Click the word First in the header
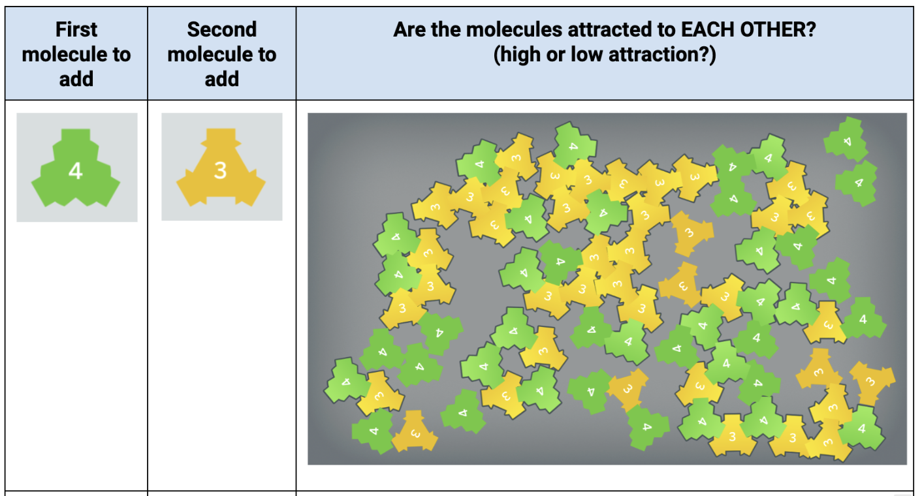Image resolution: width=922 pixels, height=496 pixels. [76, 29]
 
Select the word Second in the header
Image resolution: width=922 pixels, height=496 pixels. [222, 29]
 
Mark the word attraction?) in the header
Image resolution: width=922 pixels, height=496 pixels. [662, 55]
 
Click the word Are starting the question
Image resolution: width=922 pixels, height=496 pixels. [408, 29]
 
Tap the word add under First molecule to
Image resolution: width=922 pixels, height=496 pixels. [76, 79]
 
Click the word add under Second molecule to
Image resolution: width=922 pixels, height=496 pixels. [222, 79]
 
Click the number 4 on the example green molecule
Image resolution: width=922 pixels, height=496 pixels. [75, 171]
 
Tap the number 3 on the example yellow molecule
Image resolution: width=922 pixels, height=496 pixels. [220, 170]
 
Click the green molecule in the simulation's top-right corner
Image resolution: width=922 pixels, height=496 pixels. [846, 140]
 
